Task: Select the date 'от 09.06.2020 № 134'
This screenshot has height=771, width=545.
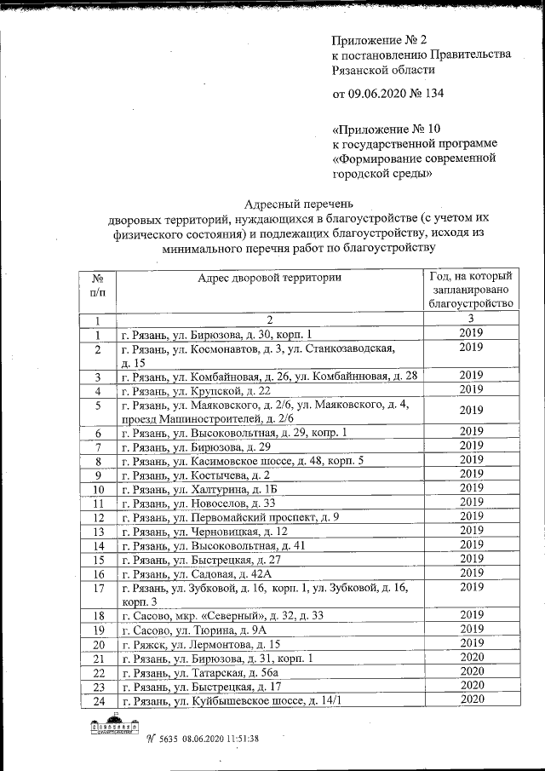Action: click(387, 93)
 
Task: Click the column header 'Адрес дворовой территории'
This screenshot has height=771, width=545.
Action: click(269, 278)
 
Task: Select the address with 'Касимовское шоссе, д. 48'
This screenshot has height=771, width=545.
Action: click(242, 461)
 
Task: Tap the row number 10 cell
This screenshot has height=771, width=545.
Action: click(98, 489)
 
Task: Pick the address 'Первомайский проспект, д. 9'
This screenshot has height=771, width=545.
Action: click(230, 517)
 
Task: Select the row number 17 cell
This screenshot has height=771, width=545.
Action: click(98, 588)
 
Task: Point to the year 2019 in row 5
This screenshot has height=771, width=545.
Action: click(470, 411)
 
